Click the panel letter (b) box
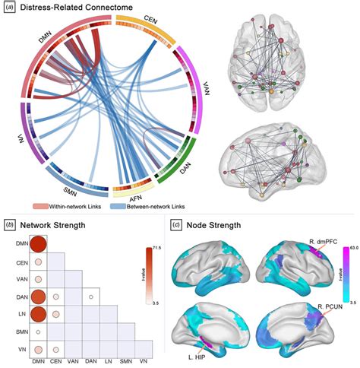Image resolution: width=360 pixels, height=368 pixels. pyautogui.click(x=8, y=224)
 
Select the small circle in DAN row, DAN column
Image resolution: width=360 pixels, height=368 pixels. pyautogui.click(x=91, y=297)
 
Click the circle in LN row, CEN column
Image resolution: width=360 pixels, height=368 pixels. pyautogui.click(x=56, y=314)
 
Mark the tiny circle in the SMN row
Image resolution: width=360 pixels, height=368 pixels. pyautogui.click(x=38, y=332)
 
